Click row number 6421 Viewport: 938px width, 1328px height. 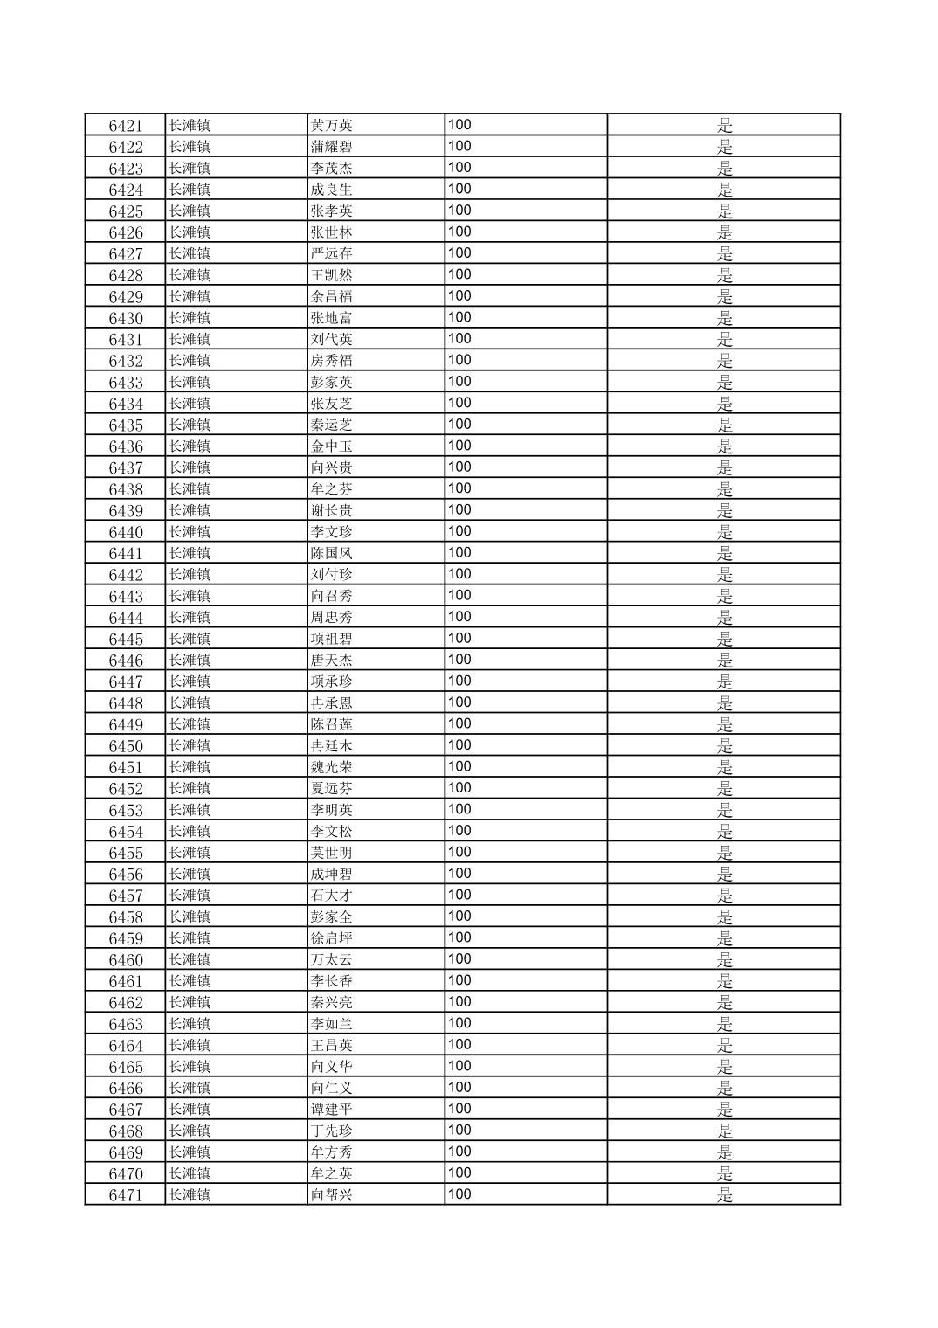125,125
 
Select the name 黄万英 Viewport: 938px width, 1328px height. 332,125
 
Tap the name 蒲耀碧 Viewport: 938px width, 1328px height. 332,147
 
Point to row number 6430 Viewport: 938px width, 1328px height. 125,318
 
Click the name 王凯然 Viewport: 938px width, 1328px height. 332,275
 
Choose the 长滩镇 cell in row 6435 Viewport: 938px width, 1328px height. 190,425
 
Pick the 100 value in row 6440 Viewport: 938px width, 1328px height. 459,531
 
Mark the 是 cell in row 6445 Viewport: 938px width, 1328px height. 724,639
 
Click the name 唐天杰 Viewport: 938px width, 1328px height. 332,661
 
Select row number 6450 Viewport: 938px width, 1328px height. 125,746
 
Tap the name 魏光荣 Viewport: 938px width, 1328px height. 332,767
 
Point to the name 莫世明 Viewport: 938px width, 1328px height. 332,853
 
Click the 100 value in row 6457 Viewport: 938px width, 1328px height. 459,895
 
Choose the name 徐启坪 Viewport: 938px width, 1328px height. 332,938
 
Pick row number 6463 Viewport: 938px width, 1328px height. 125,1024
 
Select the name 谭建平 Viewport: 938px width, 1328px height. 332,1110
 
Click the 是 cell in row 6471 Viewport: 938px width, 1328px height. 724,1195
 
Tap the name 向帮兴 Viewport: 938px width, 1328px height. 332,1195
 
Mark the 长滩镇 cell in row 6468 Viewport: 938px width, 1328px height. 190,1131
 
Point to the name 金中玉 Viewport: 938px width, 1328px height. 332,446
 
